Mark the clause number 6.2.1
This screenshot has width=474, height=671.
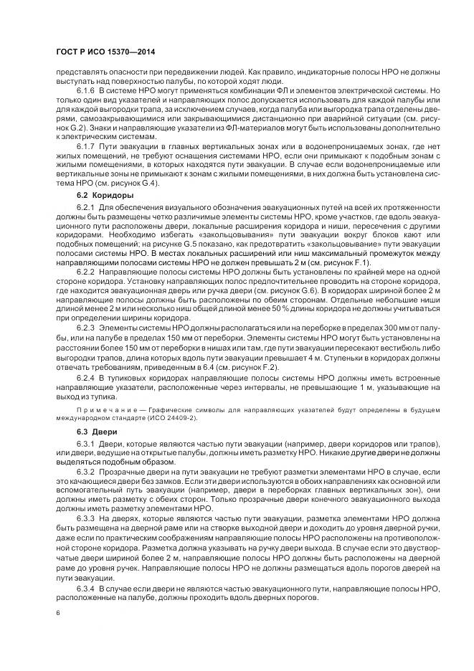point(87,207)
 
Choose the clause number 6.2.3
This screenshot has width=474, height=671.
point(87,327)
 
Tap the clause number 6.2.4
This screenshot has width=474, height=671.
point(87,378)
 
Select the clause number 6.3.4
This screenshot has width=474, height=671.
point(87,587)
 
